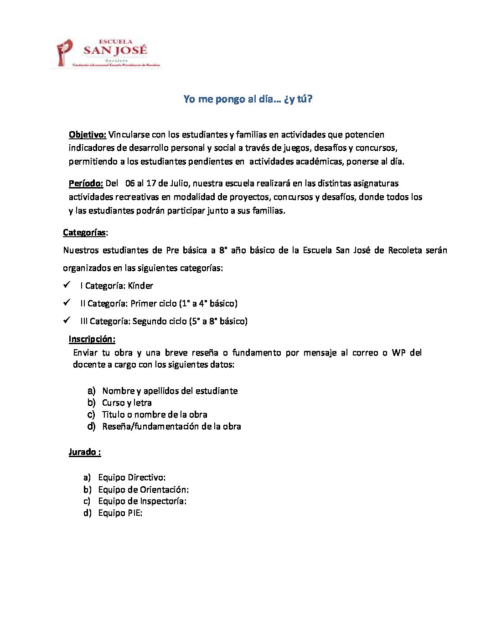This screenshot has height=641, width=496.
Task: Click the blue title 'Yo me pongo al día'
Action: point(248,99)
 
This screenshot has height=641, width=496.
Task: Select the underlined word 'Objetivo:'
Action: point(87,134)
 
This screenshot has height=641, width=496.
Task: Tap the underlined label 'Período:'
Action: point(86,183)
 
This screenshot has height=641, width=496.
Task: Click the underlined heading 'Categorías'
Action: point(84,233)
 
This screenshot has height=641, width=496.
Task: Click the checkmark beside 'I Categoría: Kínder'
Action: point(67,285)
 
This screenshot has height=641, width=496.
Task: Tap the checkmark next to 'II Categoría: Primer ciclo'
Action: point(67,303)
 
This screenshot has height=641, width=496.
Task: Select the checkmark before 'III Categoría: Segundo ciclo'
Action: point(67,320)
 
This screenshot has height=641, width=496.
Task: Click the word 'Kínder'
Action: point(140,286)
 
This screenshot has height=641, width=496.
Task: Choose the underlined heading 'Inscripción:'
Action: point(92,339)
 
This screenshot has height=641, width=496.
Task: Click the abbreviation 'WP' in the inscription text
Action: point(398,353)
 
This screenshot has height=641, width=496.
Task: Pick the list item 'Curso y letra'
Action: point(127,403)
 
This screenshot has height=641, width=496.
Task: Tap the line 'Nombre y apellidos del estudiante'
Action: point(170,391)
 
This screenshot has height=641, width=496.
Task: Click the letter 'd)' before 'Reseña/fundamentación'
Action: point(91,427)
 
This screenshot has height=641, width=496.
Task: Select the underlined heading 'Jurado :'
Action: point(84,452)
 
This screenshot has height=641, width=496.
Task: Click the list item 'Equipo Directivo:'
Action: point(132,478)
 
